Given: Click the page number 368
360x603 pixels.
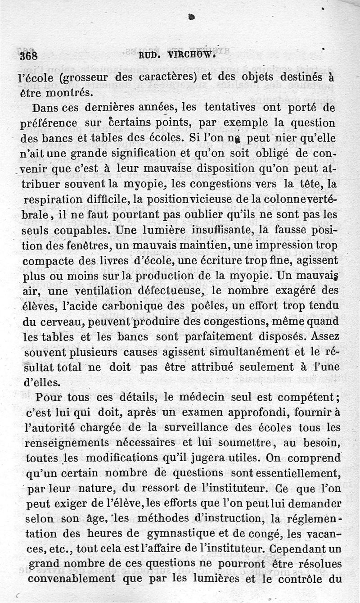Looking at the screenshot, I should point(28,57).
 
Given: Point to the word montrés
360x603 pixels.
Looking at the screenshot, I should point(70,93).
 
